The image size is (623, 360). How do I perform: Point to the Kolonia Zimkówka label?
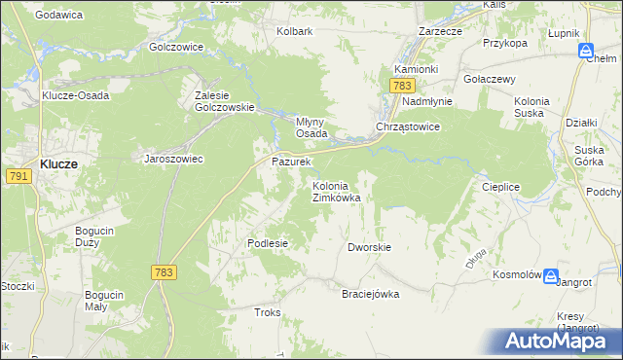click(x=336, y=191)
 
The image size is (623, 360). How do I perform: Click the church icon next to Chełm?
click(x=586, y=50)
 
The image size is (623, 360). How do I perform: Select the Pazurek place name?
click(x=290, y=161)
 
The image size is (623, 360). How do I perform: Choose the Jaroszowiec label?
click(x=173, y=159)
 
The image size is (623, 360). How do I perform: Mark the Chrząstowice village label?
click(x=409, y=127)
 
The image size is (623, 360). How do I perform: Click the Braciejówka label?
click(x=370, y=294)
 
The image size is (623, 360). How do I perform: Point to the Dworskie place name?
click(x=369, y=247)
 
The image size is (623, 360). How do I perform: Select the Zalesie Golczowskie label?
click(x=224, y=101)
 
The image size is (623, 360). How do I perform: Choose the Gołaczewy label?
click(x=490, y=79)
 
